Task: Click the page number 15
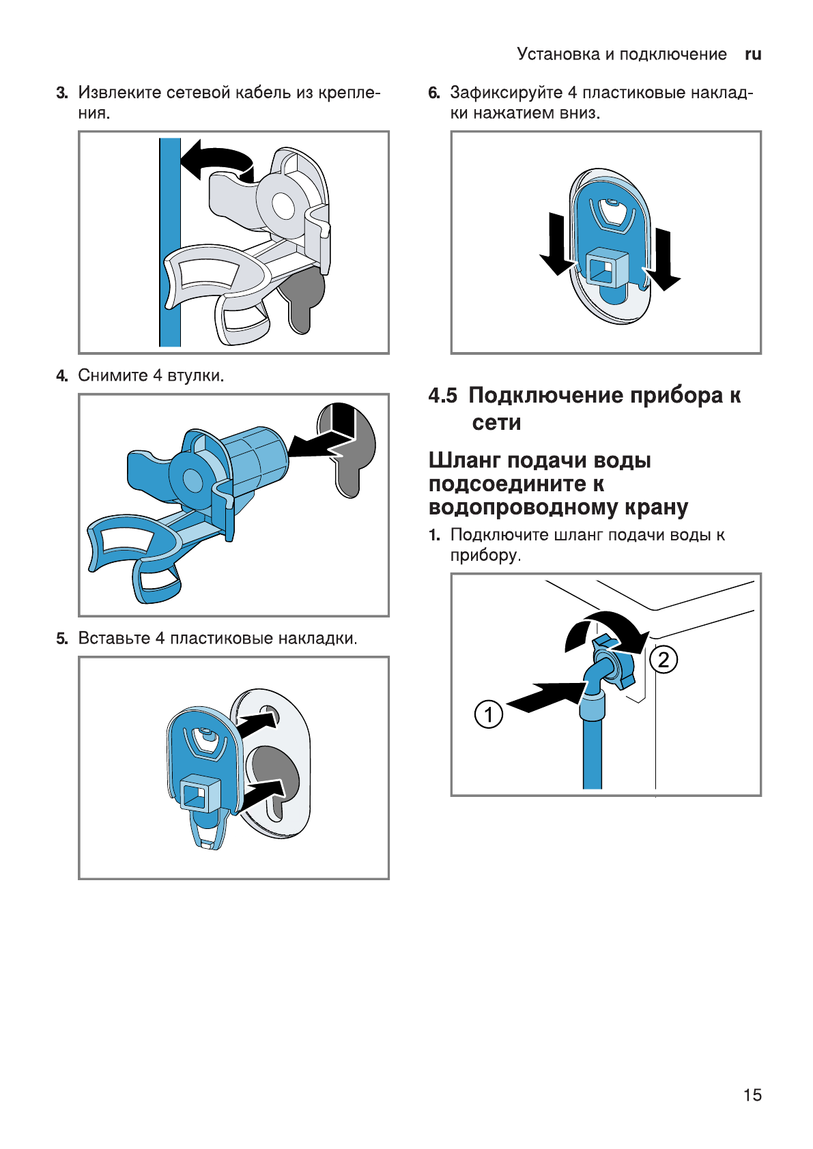pyautogui.click(x=752, y=1095)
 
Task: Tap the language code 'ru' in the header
pyautogui.click(x=753, y=55)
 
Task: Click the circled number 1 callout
pyautogui.click(x=488, y=714)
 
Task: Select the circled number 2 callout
pyautogui.click(x=664, y=660)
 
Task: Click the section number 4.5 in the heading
pyautogui.click(x=442, y=396)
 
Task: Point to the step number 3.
pyautogui.click(x=62, y=93)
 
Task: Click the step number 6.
pyautogui.click(x=434, y=93)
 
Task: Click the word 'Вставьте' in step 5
pyautogui.click(x=114, y=639)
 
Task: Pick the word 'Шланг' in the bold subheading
pyautogui.click(x=465, y=461)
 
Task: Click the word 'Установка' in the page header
pyautogui.click(x=558, y=55)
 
